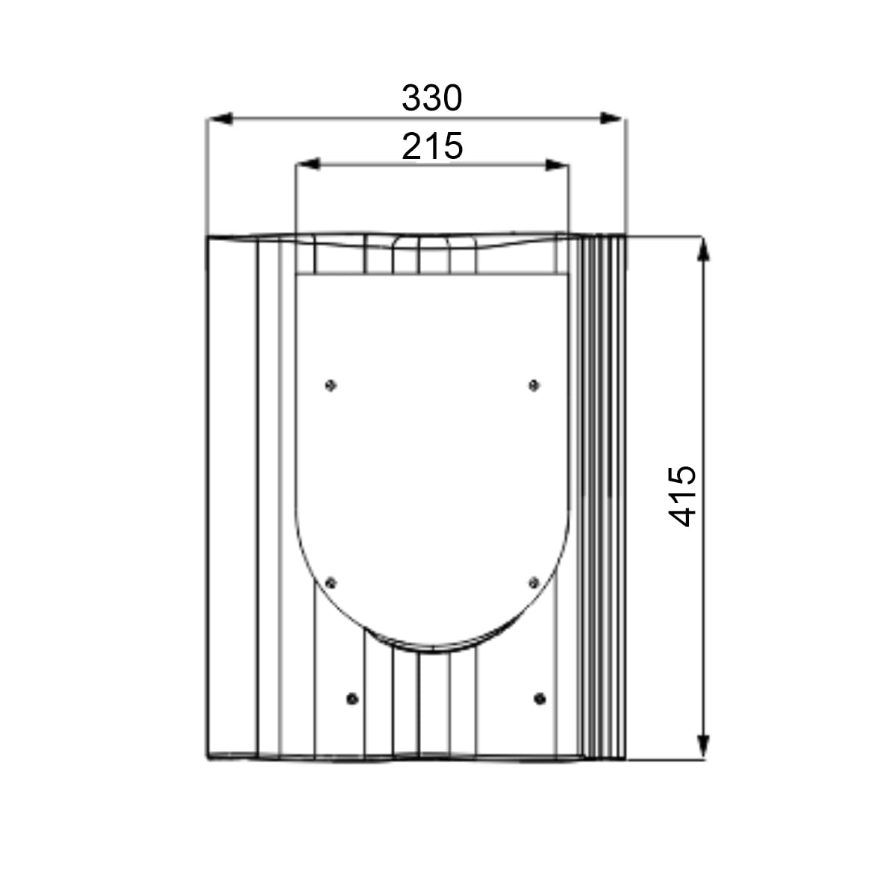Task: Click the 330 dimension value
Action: tap(432, 98)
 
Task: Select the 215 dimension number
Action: tap(432, 146)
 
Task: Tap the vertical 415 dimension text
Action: tap(682, 496)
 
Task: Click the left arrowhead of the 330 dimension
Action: tap(220, 118)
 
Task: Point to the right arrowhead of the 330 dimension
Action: tap(611, 118)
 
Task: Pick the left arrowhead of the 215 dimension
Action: tap(308, 164)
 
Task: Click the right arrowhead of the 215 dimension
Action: tap(557, 164)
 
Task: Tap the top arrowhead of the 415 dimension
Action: tap(703, 249)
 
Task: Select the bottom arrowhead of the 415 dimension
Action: tap(703, 746)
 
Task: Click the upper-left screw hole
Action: tap(331, 385)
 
